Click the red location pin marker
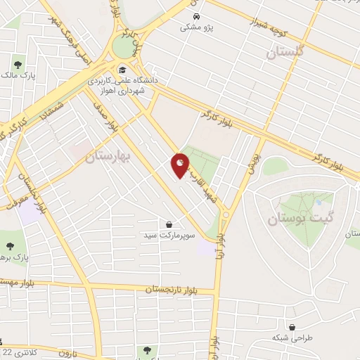(x=181, y=165)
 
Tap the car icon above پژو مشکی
(x=198, y=15)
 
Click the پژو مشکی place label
(x=196, y=27)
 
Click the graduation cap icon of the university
(x=122, y=70)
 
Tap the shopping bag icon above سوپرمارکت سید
(x=169, y=224)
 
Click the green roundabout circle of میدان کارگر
(x=124, y=47)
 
